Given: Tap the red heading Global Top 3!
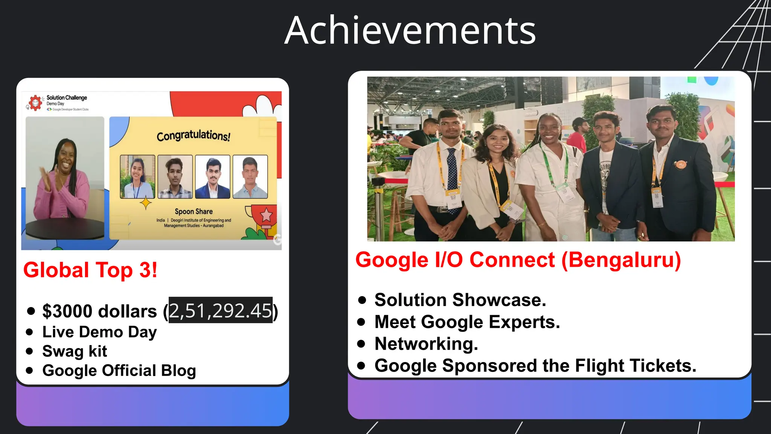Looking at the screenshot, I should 90,270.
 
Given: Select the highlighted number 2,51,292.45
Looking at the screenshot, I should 220,311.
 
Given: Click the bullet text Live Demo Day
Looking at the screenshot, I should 99,332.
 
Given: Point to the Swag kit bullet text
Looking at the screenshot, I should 75,351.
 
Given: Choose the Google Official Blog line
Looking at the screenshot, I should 119,371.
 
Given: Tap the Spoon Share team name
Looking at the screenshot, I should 194,212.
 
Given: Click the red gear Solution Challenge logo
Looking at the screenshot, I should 35,102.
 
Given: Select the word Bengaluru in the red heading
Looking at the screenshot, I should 621,260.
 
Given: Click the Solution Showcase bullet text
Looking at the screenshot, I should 460,300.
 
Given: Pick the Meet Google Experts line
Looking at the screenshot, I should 467,322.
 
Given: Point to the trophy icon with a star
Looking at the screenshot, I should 266,216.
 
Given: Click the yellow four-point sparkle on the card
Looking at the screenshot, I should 146,203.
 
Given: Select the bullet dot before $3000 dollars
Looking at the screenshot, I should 31,311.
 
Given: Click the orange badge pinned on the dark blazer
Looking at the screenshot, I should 680,164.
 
